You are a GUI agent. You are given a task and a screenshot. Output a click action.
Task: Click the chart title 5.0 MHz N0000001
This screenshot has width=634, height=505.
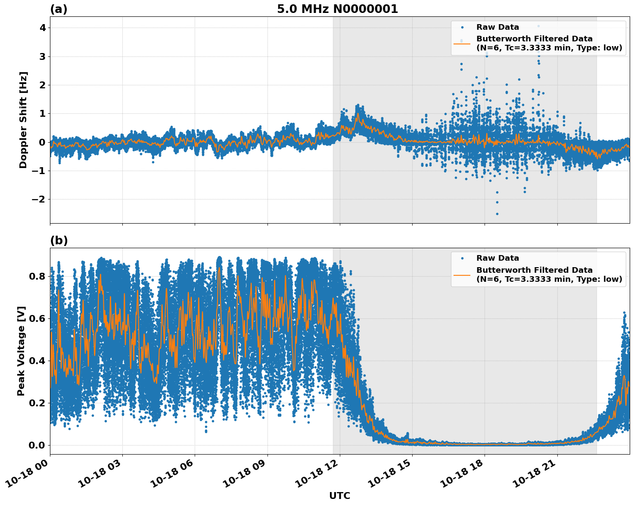(x=337, y=9)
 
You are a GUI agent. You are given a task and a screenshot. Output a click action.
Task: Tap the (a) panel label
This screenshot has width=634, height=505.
(x=59, y=9)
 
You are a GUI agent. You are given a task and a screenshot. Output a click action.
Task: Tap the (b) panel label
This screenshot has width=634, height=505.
(x=59, y=240)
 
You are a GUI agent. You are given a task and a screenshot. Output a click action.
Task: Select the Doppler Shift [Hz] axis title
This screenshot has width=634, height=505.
(x=23, y=120)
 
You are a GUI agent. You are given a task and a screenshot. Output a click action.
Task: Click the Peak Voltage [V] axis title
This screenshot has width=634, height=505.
(x=22, y=351)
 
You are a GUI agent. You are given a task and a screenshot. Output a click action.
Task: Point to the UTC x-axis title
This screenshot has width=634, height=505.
(x=339, y=496)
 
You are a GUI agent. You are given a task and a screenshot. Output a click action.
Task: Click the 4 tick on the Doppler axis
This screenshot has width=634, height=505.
(x=43, y=28)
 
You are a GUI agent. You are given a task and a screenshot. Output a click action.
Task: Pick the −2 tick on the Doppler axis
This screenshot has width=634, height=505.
(x=39, y=200)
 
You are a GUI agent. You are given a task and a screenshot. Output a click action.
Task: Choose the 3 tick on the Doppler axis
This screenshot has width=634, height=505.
(x=43, y=56)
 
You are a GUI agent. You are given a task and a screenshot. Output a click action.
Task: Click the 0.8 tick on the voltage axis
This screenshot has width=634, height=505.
(x=37, y=276)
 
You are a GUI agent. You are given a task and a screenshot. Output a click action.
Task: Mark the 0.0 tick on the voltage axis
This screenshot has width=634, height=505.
(x=37, y=445)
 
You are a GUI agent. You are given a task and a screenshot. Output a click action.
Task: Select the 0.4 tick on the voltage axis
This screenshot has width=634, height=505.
(x=37, y=361)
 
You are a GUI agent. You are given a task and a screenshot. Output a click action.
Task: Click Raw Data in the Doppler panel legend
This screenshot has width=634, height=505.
(x=497, y=27)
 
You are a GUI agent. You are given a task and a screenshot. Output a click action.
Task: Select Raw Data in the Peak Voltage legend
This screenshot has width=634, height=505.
(x=497, y=258)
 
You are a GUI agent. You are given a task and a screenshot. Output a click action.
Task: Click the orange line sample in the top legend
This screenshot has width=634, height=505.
(x=462, y=44)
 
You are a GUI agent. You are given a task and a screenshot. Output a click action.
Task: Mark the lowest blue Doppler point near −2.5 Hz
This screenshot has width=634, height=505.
(x=497, y=214)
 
